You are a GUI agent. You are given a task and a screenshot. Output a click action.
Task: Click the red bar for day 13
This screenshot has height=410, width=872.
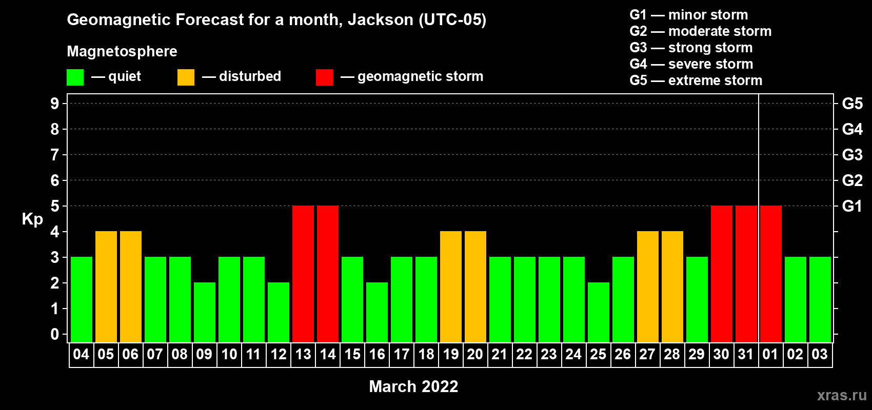(x=303, y=274)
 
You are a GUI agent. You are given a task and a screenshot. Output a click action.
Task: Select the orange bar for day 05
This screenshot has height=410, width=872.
(x=106, y=286)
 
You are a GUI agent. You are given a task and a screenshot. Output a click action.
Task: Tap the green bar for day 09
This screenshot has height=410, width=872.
(x=204, y=312)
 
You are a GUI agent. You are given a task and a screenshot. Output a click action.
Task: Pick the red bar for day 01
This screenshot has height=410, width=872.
(x=771, y=274)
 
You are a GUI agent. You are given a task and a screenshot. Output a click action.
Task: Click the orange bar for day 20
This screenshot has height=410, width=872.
(x=475, y=286)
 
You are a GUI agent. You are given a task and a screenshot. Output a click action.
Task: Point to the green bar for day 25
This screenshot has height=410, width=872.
(x=598, y=312)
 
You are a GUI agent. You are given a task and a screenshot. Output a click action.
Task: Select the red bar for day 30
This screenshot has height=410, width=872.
(x=721, y=274)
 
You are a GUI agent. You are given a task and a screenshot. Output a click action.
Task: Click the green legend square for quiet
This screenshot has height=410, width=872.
(x=75, y=77)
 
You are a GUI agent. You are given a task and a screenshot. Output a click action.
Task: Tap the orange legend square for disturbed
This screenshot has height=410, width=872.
(x=186, y=77)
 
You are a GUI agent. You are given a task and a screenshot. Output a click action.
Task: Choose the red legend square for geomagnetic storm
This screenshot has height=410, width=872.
(x=324, y=77)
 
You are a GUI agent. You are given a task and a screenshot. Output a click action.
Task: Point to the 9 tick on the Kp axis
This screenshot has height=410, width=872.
(x=54, y=104)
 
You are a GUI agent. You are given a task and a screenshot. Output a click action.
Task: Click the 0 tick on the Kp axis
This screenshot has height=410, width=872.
(x=54, y=334)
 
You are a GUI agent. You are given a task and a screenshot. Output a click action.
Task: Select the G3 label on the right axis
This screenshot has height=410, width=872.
(x=852, y=155)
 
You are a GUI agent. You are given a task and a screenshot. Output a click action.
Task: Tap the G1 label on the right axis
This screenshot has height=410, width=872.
(x=852, y=206)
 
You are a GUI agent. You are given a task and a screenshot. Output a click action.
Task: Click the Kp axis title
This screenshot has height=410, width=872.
(x=32, y=219)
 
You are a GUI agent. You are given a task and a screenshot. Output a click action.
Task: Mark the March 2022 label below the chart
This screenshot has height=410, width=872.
(x=413, y=386)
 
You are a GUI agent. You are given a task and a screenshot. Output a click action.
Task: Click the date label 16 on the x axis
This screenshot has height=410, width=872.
(x=377, y=354)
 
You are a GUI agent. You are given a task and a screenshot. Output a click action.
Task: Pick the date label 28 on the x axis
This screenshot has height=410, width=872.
(x=672, y=354)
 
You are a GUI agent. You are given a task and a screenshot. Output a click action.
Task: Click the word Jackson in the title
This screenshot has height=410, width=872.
(x=380, y=20)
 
